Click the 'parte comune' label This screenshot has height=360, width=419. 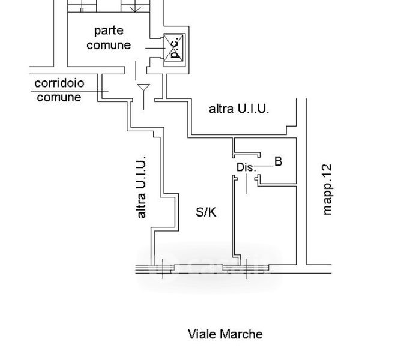pos(109,38)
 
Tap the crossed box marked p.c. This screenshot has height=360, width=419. pos(174,47)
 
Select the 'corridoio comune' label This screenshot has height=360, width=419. pos(59,90)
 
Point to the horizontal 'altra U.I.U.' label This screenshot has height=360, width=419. pos(239,109)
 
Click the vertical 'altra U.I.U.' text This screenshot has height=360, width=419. pos(142,187)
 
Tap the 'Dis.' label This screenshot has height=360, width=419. pos(246,167)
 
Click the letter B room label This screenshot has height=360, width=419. pos(278,161)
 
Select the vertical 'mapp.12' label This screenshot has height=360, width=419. pos(327,189)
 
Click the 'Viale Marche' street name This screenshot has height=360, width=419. pos(225,334)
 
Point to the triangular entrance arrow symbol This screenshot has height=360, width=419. pos(143,90)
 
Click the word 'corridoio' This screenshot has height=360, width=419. pos(59,83)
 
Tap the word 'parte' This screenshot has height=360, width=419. pos(109,31)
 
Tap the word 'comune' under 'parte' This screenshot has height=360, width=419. pos(109,45)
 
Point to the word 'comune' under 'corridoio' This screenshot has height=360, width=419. pos(59,97)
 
